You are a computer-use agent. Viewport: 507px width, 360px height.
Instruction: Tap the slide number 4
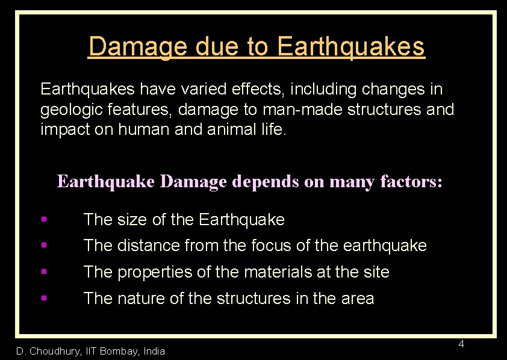(461, 344)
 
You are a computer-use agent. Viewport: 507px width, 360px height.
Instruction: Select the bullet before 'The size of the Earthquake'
(45, 220)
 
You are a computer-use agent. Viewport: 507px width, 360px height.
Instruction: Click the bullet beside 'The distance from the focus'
(45, 246)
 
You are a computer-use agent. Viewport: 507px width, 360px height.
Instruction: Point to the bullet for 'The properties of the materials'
(45, 272)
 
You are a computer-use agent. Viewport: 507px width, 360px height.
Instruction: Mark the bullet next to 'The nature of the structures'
(45, 298)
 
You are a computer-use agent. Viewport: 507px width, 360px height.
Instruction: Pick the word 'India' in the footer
(154, 351)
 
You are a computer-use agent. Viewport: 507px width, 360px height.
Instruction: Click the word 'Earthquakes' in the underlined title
(352, 46)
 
